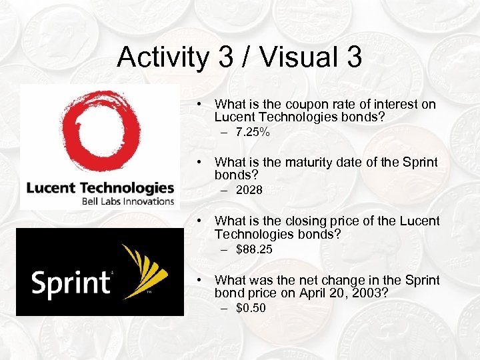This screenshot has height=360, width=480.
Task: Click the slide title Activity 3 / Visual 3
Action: tap(239, 57)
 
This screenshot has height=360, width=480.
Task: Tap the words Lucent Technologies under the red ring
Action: tap(99, 187)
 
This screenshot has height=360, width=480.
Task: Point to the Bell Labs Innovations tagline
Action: tap(127, 200)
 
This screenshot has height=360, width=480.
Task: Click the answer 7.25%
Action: tap(253, 133)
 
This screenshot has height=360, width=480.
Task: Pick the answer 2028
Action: tap(249, 190)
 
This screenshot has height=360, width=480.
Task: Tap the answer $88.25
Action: tap(254, 249)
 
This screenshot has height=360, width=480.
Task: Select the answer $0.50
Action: tap(251, 307)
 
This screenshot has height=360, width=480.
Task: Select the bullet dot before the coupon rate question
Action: tap(199, 105)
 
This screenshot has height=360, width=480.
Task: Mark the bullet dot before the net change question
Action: tap(199, 281)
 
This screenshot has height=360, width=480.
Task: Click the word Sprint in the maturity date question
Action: tap(419, 162)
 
